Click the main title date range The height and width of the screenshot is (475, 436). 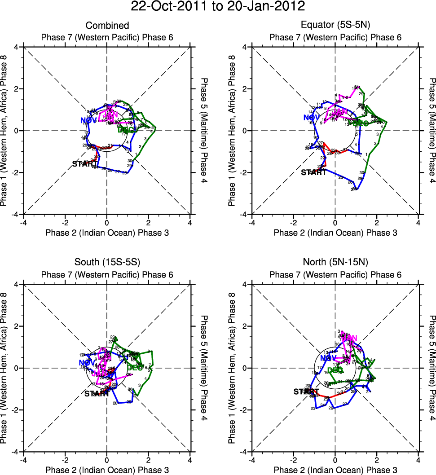(218, 7)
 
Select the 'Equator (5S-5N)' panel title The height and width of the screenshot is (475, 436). (335, 26)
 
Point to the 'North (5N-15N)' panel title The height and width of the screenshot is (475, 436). (335, 263)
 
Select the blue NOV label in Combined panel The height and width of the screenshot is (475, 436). (88, 120)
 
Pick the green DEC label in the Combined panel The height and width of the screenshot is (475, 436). (126, 130)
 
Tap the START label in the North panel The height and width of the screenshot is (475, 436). (306, 391)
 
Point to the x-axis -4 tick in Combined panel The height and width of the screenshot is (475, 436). (23, 221)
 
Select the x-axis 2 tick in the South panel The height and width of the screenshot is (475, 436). (149, 459)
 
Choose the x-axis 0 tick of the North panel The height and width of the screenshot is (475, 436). (335, 459)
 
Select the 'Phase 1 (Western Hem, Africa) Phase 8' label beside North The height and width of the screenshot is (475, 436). (232, 368)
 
